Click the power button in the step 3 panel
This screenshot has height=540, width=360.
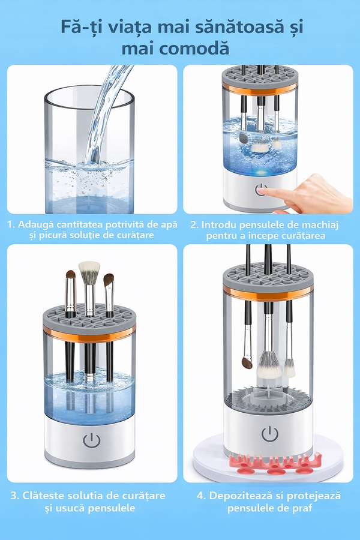click(92, 440)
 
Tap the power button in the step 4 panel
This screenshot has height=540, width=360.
click(269, 434)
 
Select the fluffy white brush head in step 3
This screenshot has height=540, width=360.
click(89, 269)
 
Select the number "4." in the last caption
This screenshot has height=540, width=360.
click(201, 496)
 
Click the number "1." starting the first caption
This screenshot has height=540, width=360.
click(11, 224)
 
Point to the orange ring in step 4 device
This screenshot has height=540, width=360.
click(268, 293)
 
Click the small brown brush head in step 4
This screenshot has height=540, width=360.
click(247, 362)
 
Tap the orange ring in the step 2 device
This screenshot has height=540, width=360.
click(260, 89)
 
